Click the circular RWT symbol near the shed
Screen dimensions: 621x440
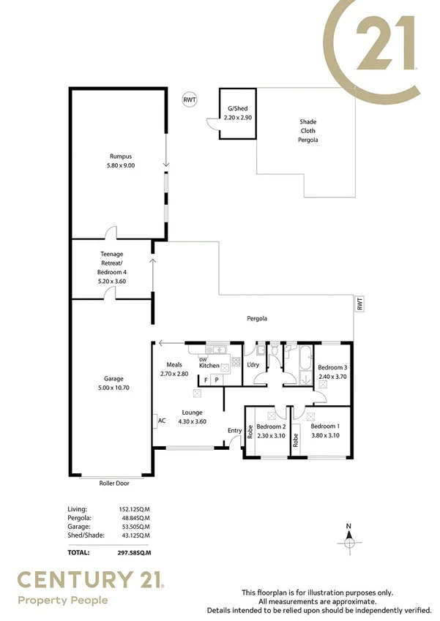point(190,99)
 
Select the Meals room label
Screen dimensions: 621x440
point(174,365)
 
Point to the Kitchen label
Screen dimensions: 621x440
point(209,365)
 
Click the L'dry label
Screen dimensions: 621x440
point(254,364)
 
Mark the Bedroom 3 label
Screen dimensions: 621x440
point(332,368)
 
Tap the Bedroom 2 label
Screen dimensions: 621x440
point(270,426)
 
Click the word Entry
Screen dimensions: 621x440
point(234,430)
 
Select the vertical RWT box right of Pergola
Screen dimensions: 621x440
point(359,304)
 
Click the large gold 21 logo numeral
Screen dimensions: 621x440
point(381,44)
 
